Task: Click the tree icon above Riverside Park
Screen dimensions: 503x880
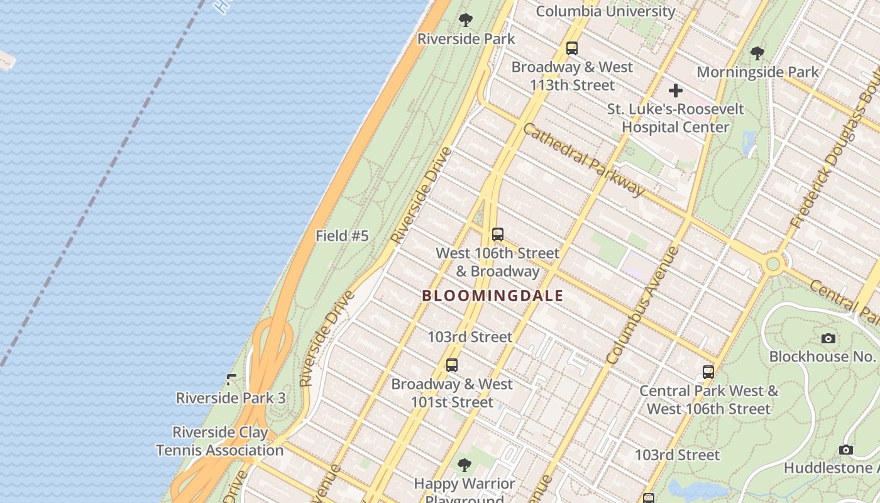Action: tap(465, 20)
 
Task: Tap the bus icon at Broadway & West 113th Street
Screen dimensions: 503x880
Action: tap(571, 48)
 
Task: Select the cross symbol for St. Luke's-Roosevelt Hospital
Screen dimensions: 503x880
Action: tap(676, 91)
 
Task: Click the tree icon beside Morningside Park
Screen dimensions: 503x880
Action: tap(757, 53)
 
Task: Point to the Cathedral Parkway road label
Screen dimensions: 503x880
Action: tap(584, 160)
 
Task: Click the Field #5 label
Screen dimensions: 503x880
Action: tap(342, 236)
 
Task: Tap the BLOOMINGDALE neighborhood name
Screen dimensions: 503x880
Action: tap(492, 296)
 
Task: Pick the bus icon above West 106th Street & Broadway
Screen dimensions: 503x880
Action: tap(498, 235)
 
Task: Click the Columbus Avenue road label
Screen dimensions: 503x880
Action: tap(643, 306)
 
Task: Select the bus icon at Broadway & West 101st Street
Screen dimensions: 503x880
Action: tap(451, 365)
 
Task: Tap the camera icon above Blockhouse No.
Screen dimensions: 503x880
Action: tap(828, 339)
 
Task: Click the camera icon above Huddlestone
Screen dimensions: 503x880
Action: tap(846, 450)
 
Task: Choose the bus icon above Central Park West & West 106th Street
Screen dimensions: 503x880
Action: tap(708, 372)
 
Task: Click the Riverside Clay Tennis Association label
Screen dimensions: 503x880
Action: tap(220, 441)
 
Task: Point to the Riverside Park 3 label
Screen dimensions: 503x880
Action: tap(231, 398)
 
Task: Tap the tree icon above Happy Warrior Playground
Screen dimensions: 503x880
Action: tap(465, 466)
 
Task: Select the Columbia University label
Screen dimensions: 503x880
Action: tap(605, 11)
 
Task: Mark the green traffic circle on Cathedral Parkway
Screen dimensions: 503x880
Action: tap(773, 263)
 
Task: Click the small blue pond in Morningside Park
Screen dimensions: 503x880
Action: tap(749, 144)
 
